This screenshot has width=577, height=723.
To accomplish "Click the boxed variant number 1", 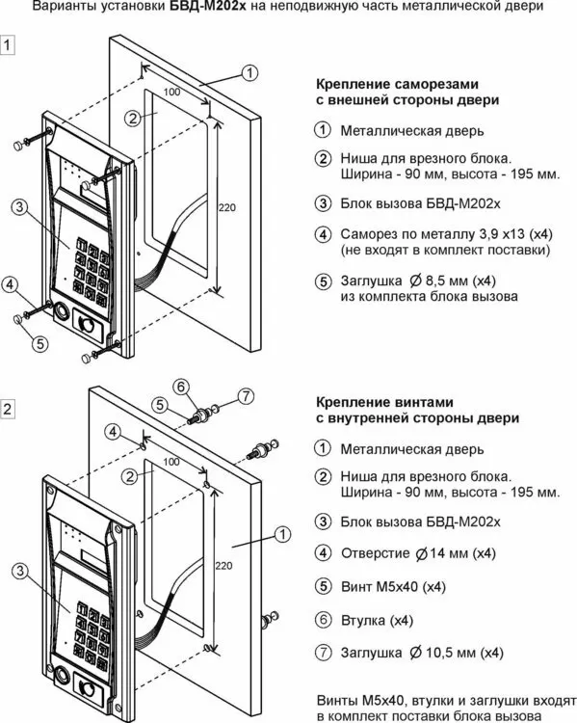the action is click(x=8, y=44).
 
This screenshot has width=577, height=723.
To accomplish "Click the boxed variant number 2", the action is click(x=8, y=409).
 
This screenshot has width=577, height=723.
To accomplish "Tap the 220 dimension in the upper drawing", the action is click(x=226, y=207).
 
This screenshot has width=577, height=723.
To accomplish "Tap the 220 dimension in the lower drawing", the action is click(x=223, y=565).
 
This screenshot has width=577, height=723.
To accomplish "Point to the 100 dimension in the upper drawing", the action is click(x=171, y=93).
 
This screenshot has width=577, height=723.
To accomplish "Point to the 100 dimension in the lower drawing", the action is click(x=171, y=462).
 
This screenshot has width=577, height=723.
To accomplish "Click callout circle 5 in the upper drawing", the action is click(x=40, y=343).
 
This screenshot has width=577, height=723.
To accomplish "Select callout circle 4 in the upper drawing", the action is click(x=11, y=284).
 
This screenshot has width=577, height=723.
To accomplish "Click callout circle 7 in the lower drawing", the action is click(x=246, y=395).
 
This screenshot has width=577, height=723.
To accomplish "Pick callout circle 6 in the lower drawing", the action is click(x=181, y=387).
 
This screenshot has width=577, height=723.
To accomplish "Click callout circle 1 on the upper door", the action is click(x=249, y=72).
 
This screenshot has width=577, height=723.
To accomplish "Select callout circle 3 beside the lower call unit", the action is click(x=20, y=571).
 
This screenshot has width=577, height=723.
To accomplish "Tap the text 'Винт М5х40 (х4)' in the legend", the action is click(x=393, y=586).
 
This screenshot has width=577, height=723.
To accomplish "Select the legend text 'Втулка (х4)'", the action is click(x=377, y=620).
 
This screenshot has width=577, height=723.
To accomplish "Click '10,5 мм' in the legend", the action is click(x=451, y=653).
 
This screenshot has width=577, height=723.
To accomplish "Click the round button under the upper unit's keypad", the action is click(x=61, y=311).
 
